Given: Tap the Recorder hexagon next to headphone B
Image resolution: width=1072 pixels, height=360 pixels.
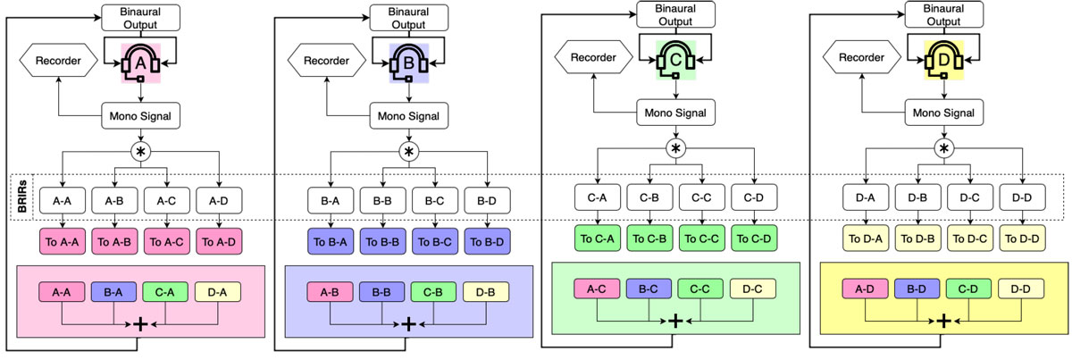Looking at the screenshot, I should [325, 62].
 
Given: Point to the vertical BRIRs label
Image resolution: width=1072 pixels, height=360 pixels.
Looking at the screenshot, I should [21, 197].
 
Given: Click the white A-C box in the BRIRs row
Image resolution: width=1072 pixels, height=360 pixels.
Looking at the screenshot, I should [166, 202].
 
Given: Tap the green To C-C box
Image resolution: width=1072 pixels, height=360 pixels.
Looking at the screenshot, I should [701, 238].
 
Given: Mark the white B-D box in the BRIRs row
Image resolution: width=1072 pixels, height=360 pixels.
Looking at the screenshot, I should [487, 202].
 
